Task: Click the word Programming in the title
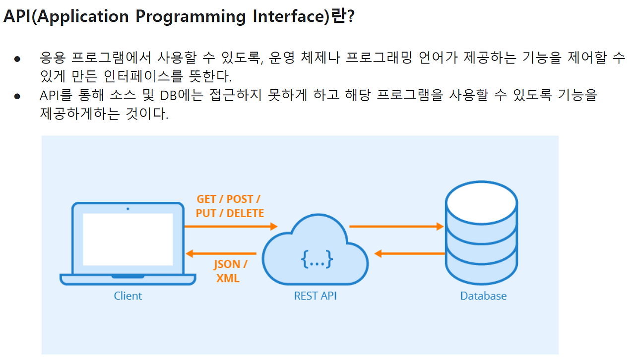(x=190, y=17)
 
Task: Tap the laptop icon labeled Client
(x=128, y=243)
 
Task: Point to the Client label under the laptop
(x=128, y=296)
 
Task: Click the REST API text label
(x=316, y=296)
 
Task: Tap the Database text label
(x=483, y=296)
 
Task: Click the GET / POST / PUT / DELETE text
(x=230, y=206)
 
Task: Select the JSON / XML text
(x=229, y=271)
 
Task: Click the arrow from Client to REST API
(x=231, y=227)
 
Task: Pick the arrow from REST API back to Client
(x=221, y=254)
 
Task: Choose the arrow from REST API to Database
(x=396, y=227)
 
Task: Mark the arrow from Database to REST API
(x=409, y=254)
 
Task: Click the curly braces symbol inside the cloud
(x=317, y=259)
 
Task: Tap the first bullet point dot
(x=17, y=59)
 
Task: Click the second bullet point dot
(x=17, y=96)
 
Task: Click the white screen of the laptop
(x=128, y=239)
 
